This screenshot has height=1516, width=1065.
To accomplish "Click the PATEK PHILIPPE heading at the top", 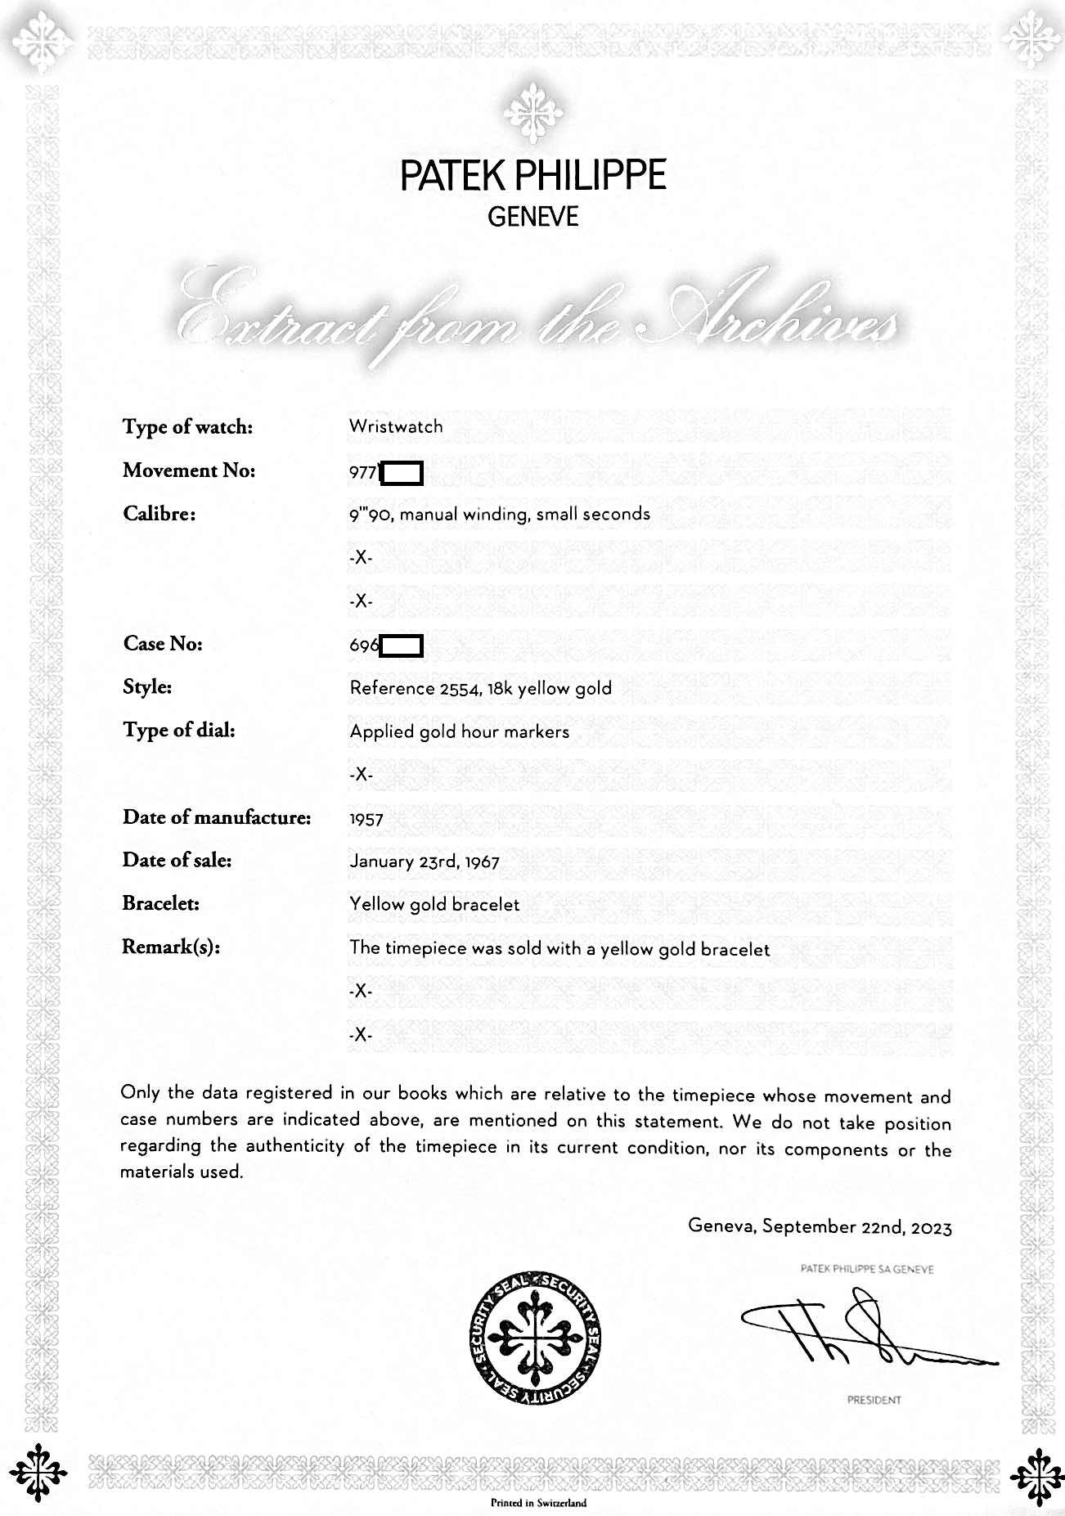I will pos(532,175).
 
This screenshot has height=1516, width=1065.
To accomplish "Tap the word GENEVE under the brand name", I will pos(532,217).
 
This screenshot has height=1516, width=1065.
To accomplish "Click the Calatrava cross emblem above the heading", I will pos(532,113).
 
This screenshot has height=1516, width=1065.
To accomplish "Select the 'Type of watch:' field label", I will pos(187,427).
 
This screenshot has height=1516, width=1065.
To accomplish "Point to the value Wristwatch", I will pos(396,426).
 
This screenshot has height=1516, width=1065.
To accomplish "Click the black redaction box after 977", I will pos(402,474).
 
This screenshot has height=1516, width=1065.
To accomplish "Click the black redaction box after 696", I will pos(402,646).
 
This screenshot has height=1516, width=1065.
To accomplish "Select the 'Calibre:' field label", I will pos(159,514).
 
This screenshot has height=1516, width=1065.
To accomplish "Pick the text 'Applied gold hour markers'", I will pos(459,731).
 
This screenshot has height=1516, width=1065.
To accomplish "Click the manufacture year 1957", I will pos(366,819).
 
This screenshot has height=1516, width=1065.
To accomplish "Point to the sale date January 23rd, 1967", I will pos(424,861).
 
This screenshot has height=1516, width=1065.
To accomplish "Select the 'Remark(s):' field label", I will pos(171,947).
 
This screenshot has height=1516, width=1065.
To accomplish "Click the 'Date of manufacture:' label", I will pos(217,817).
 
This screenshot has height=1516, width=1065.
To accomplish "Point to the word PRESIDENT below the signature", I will pos(874,1400).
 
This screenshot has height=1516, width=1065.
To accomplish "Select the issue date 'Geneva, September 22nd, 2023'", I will pos(820,1227).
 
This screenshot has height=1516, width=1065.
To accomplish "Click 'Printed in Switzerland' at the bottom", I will pos(538,1503).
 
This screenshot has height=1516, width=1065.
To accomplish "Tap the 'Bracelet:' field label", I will pos(161,904).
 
